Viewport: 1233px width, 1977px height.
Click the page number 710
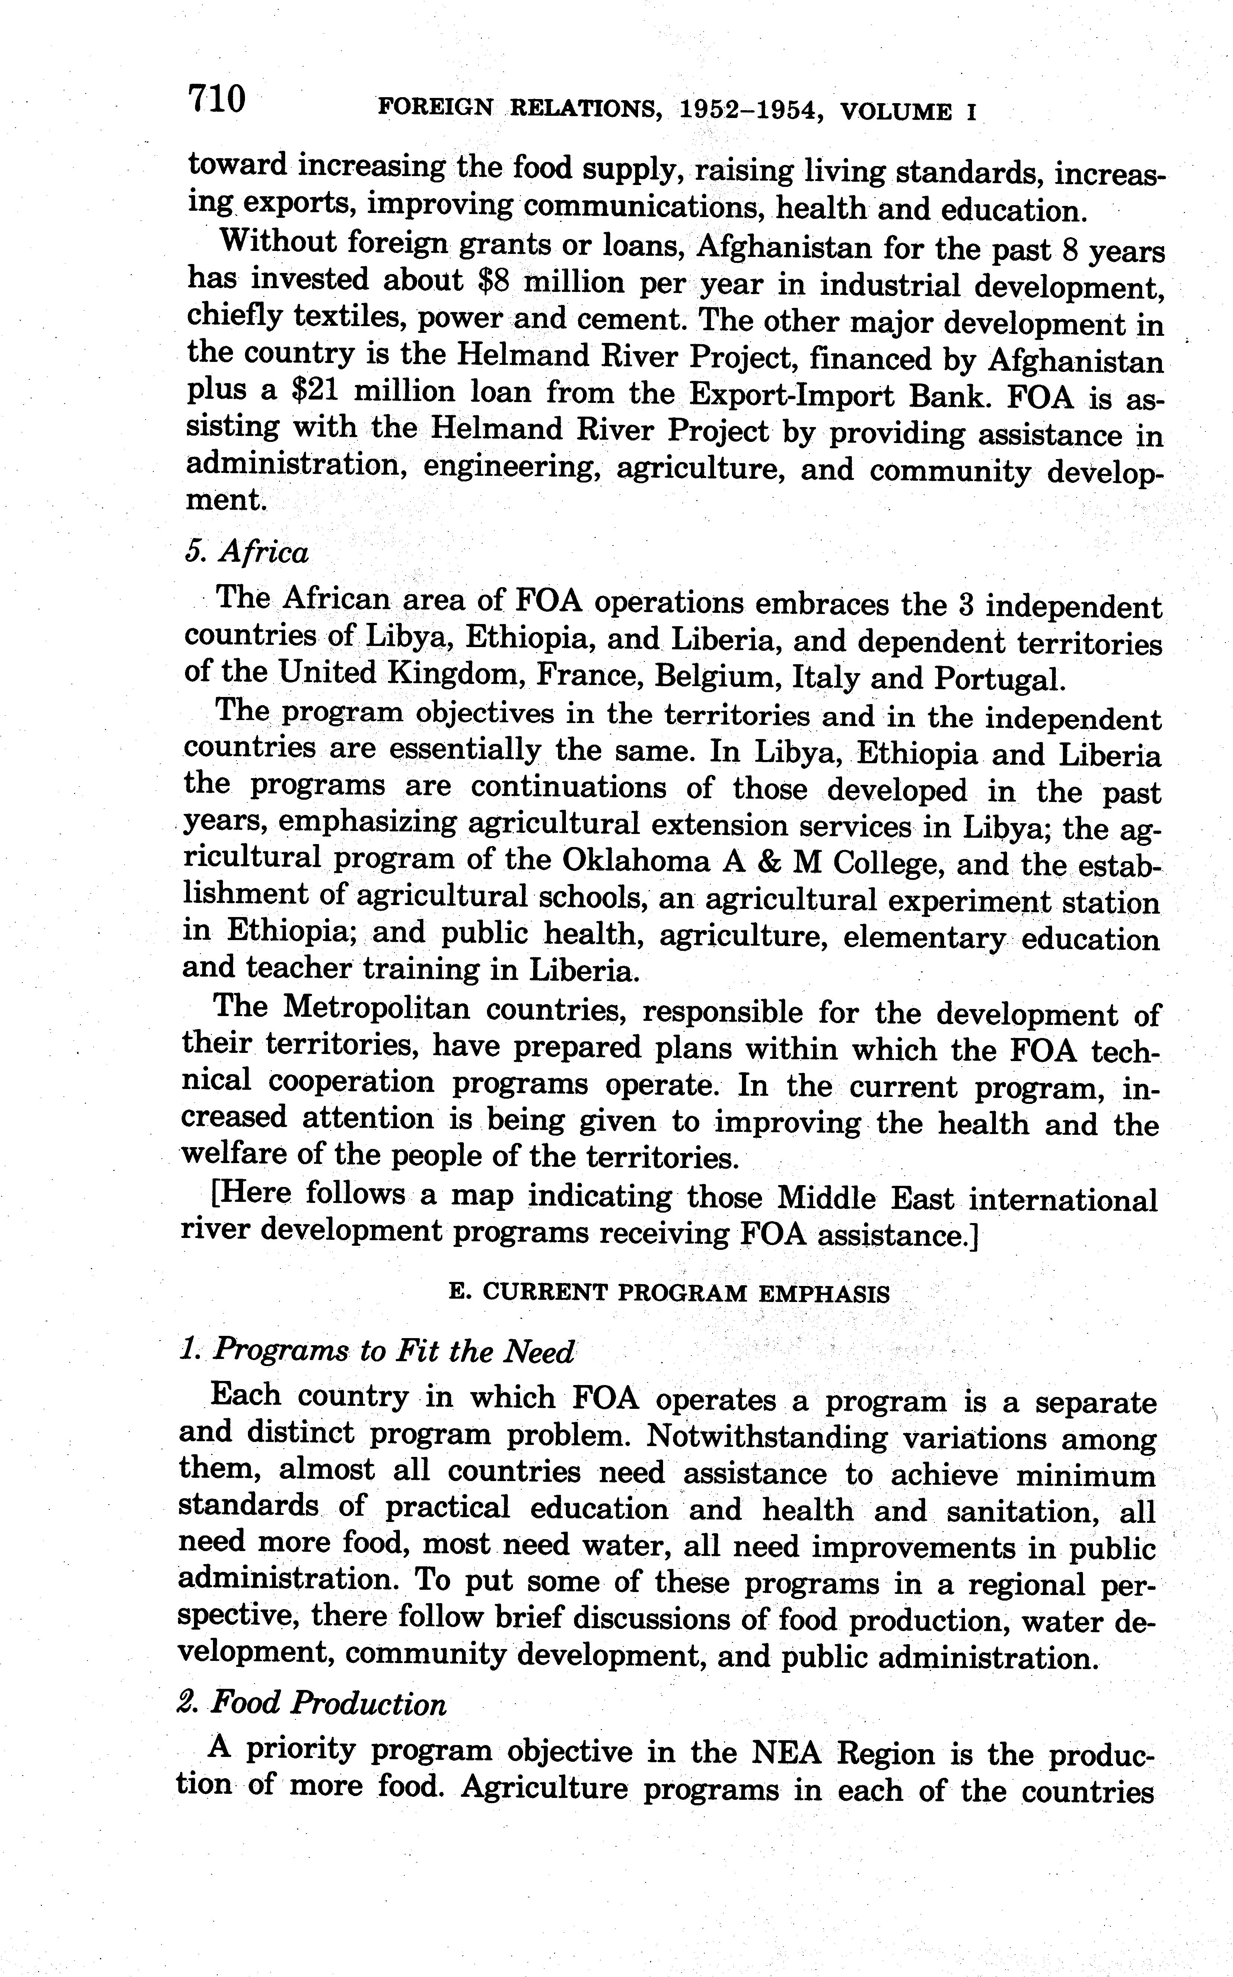tap(217, 99)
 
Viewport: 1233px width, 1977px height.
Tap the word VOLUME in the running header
tap(895, 112)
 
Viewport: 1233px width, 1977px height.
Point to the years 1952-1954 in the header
tap(749, 110)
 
